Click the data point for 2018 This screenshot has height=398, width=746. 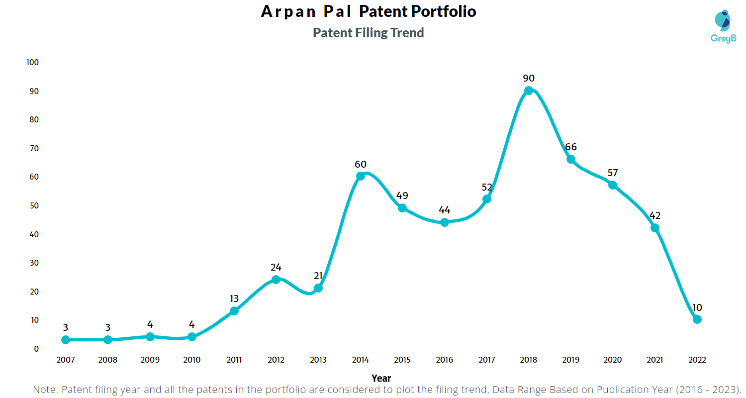click(x=529, y=91)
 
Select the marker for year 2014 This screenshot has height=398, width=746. click(x=361, y=176)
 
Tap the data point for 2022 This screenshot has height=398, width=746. click(x=697, y=319)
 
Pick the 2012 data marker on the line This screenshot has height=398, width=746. click(x=276, y=280)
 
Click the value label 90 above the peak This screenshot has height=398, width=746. click(x=529, y=78)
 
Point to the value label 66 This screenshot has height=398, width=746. click(x=571, y=147)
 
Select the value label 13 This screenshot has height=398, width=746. click(x=234, y=298)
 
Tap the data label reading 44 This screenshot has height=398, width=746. click(x=445, y=210)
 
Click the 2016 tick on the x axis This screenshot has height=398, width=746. click(x=445, y=360)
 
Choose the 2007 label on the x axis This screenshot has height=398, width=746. click(x=66, y=360)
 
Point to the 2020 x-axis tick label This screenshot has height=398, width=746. click(x=613, y=360)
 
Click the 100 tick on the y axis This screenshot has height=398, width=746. click(x=32, y=63)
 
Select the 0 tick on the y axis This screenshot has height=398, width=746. click(x=36, y=349)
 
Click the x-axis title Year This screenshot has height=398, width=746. click(x=381, y=378)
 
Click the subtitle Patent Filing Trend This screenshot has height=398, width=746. click(x=368, y=33)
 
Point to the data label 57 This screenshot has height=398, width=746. click(x=613, y=173)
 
